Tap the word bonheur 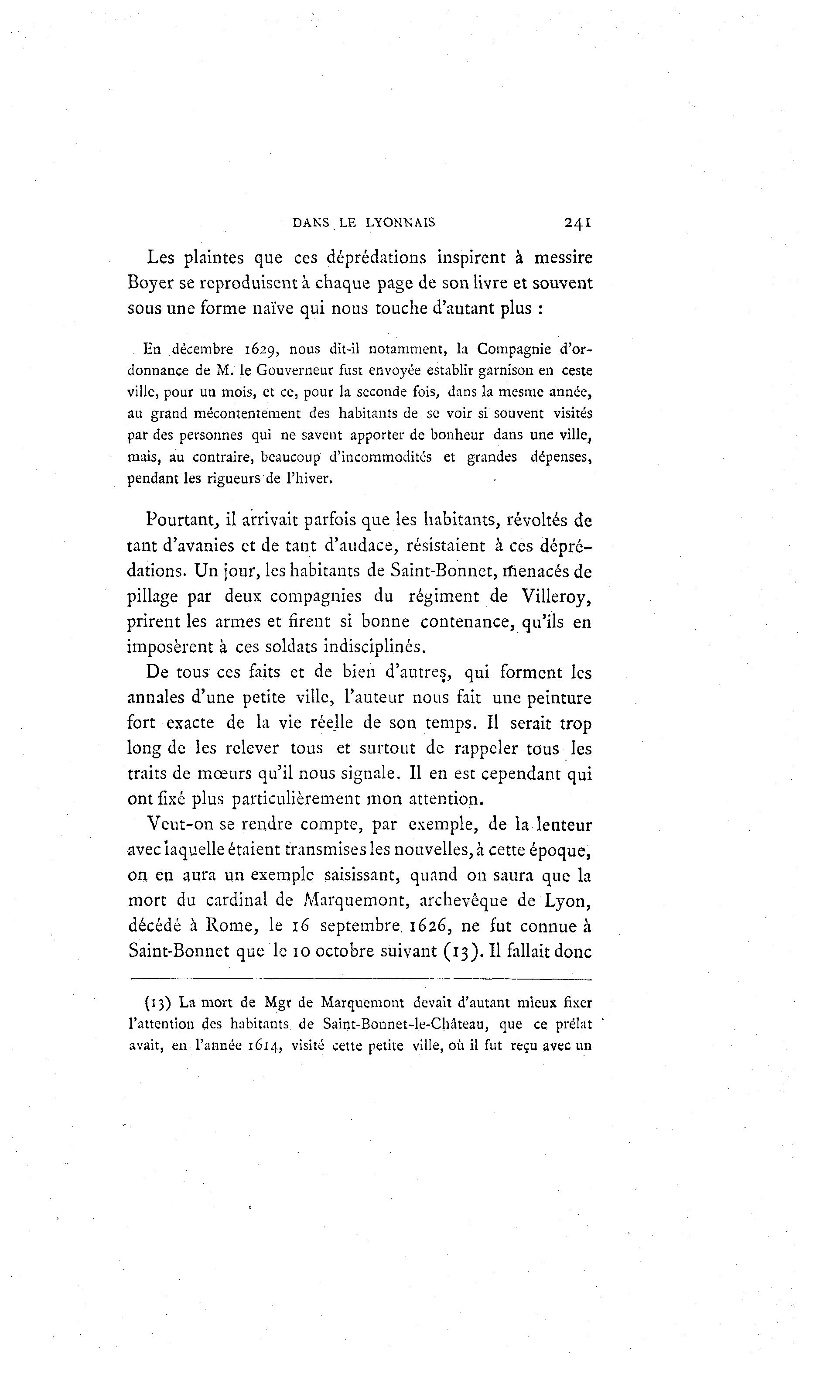[x=457, y=435]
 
